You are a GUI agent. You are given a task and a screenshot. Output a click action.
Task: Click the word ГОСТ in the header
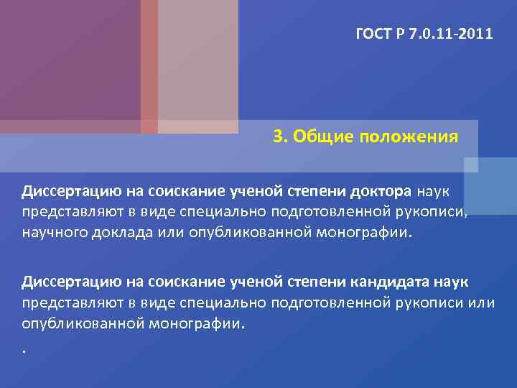373,33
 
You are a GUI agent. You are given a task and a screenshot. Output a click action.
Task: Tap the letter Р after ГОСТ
399,33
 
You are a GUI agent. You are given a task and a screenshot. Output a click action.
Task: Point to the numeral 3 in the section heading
278,137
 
